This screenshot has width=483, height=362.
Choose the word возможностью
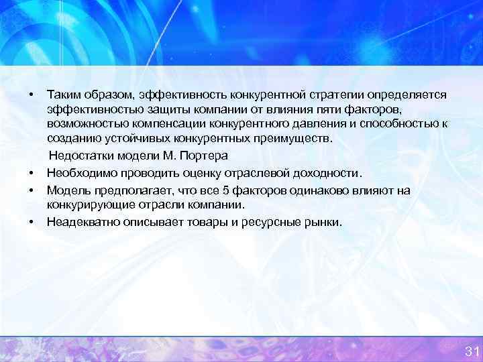tap(87, 125)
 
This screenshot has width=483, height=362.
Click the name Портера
tap(205, 156)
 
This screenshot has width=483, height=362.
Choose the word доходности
tap(329, 172)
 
